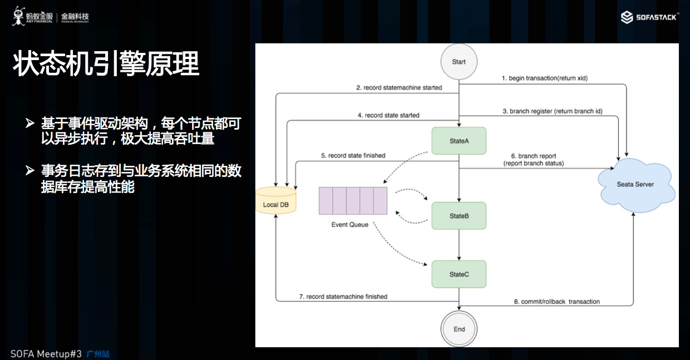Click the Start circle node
pyautogui.click(x=459, y=62)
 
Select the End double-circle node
pyautogui.click(x=459, y=329)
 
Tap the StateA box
pyautogui.click(x=459, y=141)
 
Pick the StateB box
pyautogui.click(x=459, y=215)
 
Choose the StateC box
pyautogui.click(x=459, y=274)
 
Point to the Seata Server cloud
pyautogui.click(x=635, y=185)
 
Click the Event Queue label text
pyautogui.click(x=349, y=225)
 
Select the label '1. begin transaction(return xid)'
pyautogui.click(x=544, y=78)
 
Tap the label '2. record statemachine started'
pyautogui.click(x=399, y=87)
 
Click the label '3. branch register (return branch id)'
pyautogui.click(x=556, y=111)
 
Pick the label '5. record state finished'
pyautogui.click(x=353, y=156)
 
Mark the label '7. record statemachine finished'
pyautogui.click(x=343, y=297)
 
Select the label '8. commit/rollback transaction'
pyautogui.click(x=556, y=302)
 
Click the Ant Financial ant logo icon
pyautogui.click(x=19, y=16)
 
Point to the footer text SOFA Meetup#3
pyautogui.click(x=46, y=354)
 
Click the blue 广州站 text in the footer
pyautogui.click(x=98, y=354)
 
